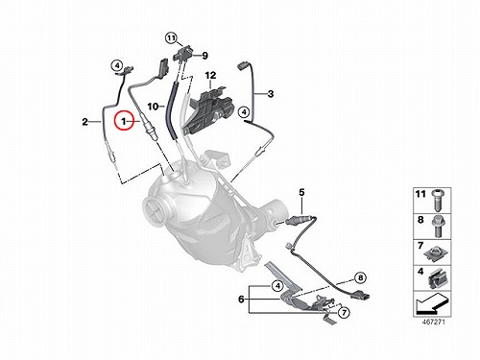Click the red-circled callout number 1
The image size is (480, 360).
[x=123, y=121]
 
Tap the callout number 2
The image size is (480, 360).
[x=84, y=122]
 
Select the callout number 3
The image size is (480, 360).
[x=271, y=94]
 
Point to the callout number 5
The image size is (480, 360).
[x=301, y=193]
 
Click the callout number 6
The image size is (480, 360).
[x=241, y=300]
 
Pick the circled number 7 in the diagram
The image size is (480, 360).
[x=344, y=312]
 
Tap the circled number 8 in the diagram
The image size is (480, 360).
[x=361, y=277]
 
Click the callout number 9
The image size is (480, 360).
[x=204, y=56]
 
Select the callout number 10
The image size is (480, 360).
[x=154, y=106]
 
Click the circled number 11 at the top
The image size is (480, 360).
[x=171, y=38]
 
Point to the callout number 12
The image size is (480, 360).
[x=210, y=76]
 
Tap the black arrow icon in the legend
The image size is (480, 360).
[x=430, y=303]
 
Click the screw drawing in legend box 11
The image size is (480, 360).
[x=437, y=200]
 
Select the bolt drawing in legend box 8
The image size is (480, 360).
[x=437, y=227]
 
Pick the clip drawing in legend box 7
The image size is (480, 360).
[x=436, y=253]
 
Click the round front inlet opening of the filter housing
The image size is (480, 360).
[x=156, y=209]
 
